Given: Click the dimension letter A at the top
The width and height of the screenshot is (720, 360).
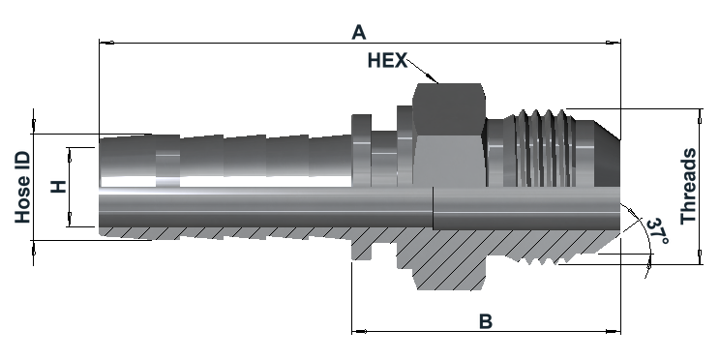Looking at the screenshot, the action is pos(359,32).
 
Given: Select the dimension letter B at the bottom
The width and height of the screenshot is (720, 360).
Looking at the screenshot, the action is pos(486,321).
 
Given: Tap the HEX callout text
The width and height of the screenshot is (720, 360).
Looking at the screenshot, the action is pos(387,61).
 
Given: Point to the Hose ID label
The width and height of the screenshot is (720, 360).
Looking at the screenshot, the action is pos(22,188).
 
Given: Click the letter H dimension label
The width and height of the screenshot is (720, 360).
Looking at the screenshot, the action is pos(58,187).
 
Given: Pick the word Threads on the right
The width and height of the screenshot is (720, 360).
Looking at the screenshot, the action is pos(688,186).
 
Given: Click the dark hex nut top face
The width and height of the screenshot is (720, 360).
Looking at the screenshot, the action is pos(449,106).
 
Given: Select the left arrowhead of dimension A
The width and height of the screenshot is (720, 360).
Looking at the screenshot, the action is pos(106,43).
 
